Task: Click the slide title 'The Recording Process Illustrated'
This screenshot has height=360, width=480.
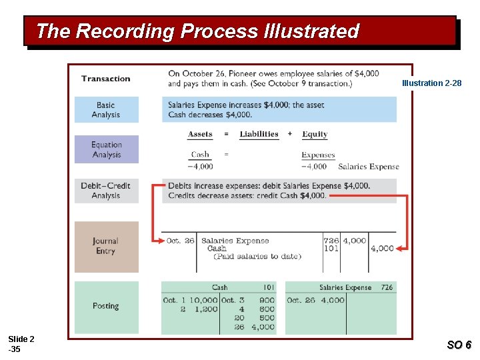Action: point(197,31)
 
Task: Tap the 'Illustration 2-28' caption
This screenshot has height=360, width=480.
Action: point(431,83)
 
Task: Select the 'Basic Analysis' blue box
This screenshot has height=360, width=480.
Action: point(106,110)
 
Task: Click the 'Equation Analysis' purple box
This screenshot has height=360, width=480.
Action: point(106,149)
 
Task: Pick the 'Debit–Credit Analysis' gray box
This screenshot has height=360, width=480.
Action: point(106,191)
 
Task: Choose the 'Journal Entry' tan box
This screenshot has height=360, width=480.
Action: point(106,246)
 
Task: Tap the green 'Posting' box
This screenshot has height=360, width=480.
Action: point(106,306)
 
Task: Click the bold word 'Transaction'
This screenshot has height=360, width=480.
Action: point(106,79)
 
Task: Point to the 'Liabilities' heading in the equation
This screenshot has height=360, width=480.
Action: point(259,134)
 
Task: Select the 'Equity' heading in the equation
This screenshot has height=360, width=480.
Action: point(315,134)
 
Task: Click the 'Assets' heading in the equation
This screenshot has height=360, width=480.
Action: point(200,134)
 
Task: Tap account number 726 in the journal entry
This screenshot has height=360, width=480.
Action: point(331,241)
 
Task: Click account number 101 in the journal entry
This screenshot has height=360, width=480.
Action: point(331,249)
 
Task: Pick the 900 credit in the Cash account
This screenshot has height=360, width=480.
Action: point(267,301)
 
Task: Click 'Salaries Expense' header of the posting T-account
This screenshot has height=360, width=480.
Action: point(345,288)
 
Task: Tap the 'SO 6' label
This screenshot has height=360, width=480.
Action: point(459,345)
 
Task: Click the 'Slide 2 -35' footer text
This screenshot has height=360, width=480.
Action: point(21,344)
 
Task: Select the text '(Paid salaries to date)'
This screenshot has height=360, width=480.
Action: point(257,257)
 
